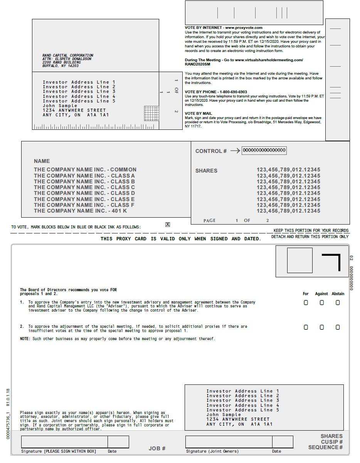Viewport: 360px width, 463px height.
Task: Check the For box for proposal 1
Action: [306, 303]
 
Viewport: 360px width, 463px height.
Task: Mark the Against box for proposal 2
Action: [322, 327]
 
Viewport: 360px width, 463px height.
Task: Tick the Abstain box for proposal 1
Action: [338, 303]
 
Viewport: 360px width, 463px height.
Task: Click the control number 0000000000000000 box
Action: [264, 151]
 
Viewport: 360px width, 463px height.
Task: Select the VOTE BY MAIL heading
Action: [199, 114]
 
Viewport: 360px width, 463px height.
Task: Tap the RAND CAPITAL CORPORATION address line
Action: [68, 55]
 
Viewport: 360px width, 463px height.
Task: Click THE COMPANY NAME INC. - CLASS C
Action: [84, 187]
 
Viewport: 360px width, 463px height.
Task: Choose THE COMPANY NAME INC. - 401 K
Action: [80, 211]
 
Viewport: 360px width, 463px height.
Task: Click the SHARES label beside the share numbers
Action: [206, 171]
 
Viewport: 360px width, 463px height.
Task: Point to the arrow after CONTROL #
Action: [235, 151]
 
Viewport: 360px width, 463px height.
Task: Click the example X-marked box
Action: [168, 225]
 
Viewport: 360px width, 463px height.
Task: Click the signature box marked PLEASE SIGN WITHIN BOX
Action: [64, 442]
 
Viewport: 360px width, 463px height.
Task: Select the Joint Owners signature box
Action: [229, 442]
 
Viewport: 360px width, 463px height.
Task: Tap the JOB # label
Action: [157, 448]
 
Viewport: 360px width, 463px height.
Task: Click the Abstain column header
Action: [338, 294]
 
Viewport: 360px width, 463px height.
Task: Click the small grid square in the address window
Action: [151, 113]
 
